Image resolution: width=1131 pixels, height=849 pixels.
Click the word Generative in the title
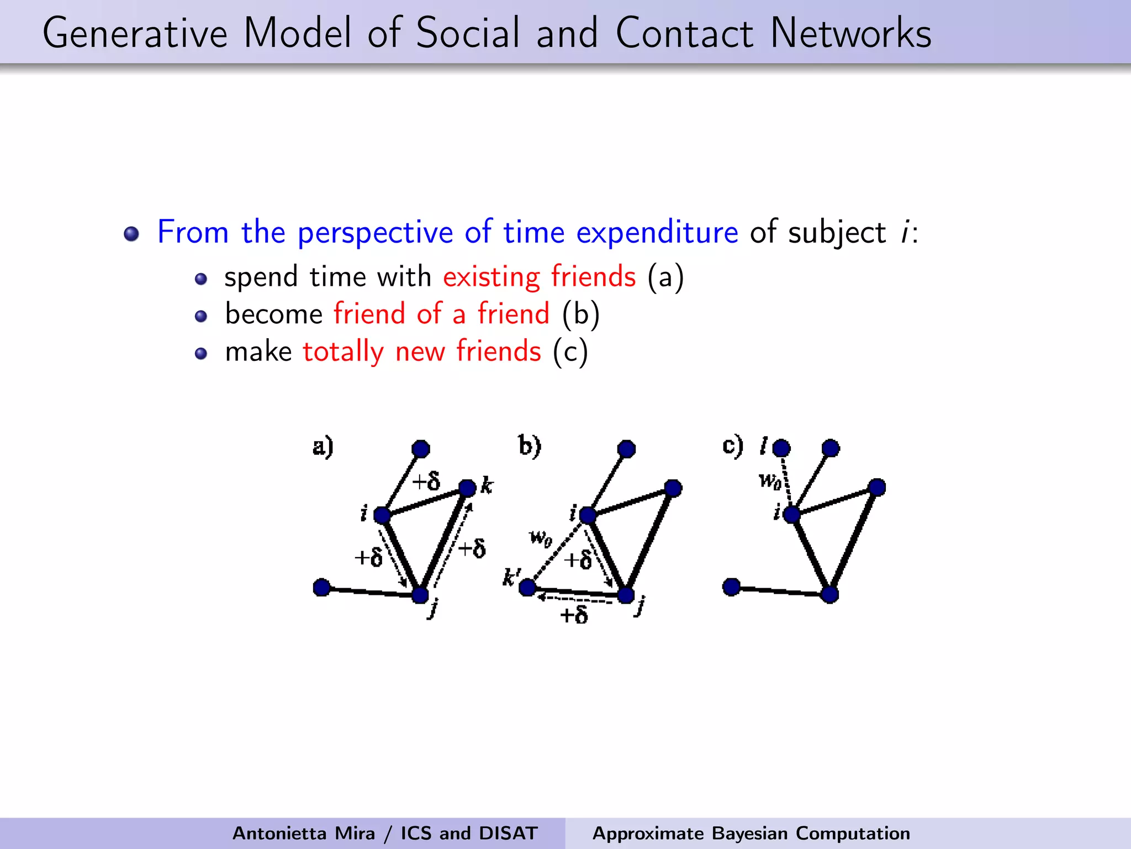pyautogui.click(x=135, y=33)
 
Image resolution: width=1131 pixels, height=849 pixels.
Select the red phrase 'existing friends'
pyautogui.click(x=539, y=276)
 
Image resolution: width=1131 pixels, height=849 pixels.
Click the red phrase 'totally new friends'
pyautogui.click(x=422, y=352)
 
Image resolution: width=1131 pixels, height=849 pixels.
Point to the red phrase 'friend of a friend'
pyautogui.click(x=442, y=314)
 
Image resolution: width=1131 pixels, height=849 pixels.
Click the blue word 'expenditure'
pyautogui.click(x=657, y=232)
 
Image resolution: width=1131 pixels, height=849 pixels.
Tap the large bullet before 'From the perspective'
pyautogui.click(x=131, y=234)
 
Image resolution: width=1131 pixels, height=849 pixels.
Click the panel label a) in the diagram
pyautogui.click(x=323, y=447)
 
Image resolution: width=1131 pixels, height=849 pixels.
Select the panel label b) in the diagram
pyautogui.click(x=529, y=446)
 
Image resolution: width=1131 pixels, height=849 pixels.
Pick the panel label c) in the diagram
pyautogui.click(x=733, y=446)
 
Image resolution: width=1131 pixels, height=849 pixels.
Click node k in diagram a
pyautogui.click(x=467, y=488)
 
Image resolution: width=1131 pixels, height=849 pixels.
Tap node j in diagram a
pyautogui.click(x=420, y=595)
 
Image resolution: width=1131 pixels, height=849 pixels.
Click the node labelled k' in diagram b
pyautogui.click(x=527, y=587)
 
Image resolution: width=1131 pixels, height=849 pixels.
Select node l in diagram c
pyautogui.click(x=781, y=448)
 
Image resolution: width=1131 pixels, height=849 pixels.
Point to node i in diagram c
pyautogui.click(x=791, y=515)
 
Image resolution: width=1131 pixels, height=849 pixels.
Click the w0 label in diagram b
pyautogui.click(x=540, y=537)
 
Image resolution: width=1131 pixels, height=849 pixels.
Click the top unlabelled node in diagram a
pyautogui.click(x=421, y=448)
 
